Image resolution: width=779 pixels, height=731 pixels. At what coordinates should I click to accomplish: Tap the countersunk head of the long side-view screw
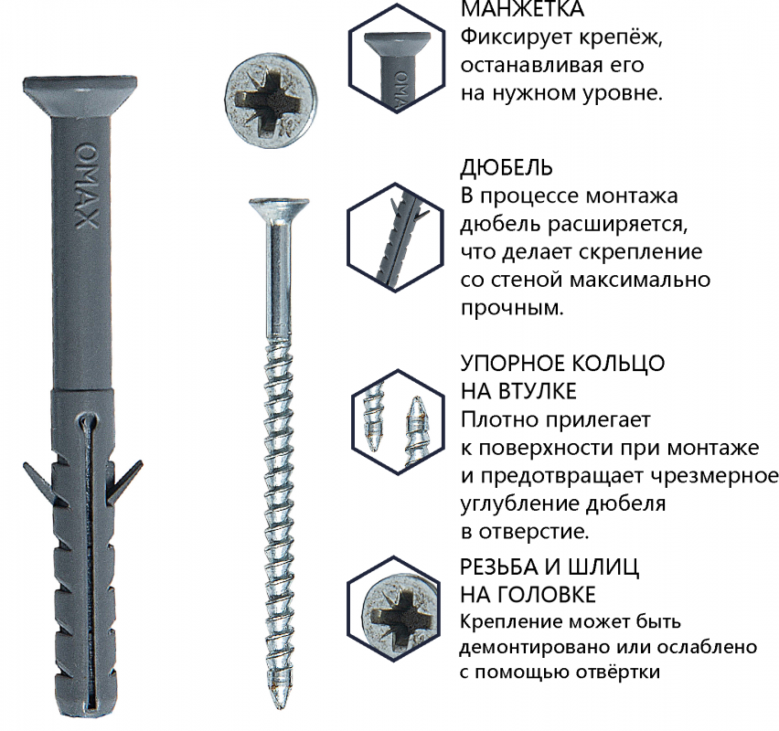[x=279, y=207]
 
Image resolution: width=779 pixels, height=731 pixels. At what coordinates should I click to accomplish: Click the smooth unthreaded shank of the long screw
[x=280, y=277]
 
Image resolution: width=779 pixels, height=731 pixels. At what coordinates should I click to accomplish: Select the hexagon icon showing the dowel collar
[x=396, y=58]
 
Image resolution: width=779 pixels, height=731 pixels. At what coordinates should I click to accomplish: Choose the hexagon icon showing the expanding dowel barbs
[x=395, y=238]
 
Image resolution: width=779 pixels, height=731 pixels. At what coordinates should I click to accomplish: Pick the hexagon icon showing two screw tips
[x=397, y=421]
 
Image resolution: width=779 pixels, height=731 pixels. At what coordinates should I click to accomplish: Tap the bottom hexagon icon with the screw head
[x=393, y=609]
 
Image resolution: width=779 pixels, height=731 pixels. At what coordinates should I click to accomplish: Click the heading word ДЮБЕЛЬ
[x=507, y=168]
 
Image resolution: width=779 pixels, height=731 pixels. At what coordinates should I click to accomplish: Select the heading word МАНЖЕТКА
[x=523, y=9]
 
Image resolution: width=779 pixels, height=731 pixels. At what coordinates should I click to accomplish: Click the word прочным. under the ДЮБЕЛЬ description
[x=512, y=309]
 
